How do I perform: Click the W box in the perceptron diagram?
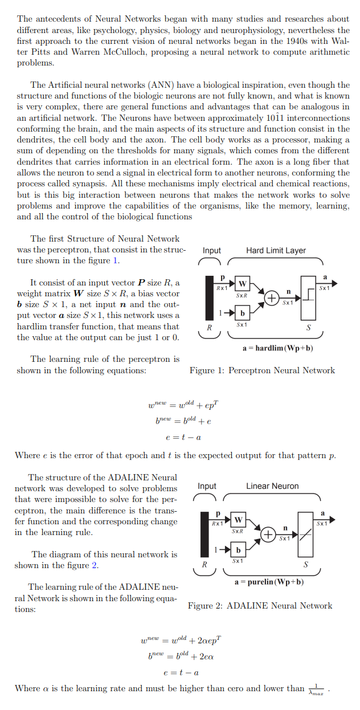tap(242, 284)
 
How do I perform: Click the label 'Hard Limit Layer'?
tap(276, 250)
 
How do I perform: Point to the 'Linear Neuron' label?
tap(272, 486)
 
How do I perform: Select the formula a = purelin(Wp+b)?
tap(269, 582)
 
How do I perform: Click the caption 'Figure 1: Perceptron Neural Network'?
tap(262, 370)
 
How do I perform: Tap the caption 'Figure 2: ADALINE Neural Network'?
tap(260, 606)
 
